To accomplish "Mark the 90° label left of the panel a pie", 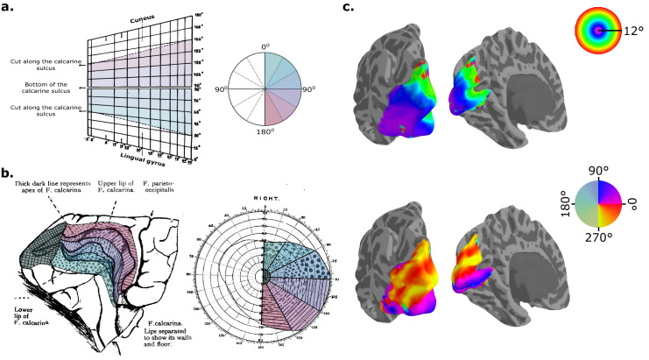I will [224, 90].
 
